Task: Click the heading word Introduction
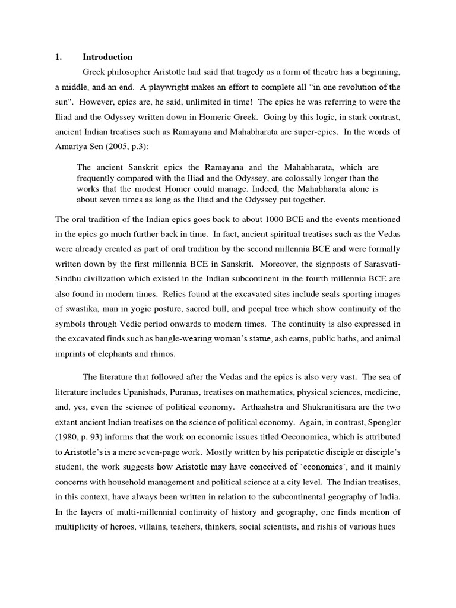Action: pyautogui.click(x=107, y=58)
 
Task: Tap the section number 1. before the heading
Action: pyautogui.click(x=58, y=58)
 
